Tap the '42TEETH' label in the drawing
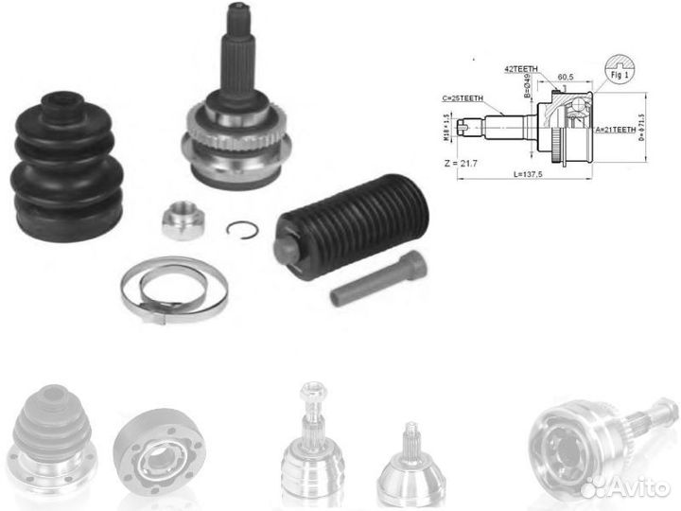coord(521,68)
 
